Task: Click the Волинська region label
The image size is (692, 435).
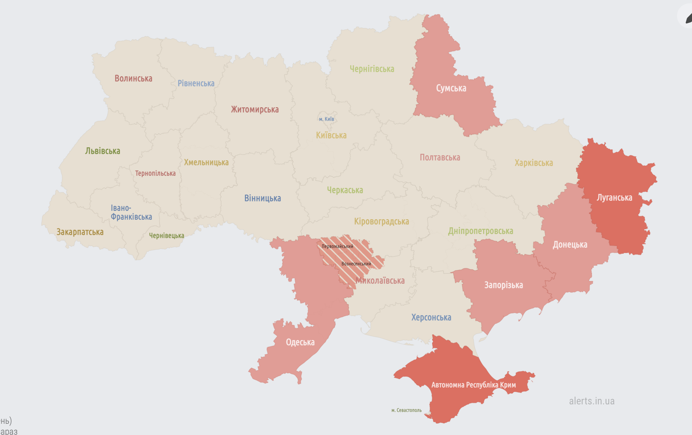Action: [x=133, y=79]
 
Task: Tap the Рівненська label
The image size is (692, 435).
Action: [x=196, y=83]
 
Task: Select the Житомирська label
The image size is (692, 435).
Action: [x=255, y=110]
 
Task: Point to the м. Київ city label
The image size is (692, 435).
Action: [x=326, y=119]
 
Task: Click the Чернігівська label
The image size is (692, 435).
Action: [x=372, y=69]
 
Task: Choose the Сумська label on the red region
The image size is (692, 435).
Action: [x=451, y=88]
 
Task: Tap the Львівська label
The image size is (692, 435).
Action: [x=103, y=151]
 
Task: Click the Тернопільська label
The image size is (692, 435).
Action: [x=155, y=174]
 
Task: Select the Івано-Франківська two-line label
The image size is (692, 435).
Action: [x=131, y=212]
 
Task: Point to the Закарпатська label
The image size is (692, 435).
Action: [x=80, y=232]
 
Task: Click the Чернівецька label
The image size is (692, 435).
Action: [x=166, y=236]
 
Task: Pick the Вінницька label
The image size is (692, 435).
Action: [x=262, y=198]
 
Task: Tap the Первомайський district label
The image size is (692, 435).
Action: [x=337, y=246]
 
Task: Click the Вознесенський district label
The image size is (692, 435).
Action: [x=356, y=264]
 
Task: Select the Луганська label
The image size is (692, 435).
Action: [x=614, y=198]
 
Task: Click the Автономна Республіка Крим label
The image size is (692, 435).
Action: [x=473, y=385]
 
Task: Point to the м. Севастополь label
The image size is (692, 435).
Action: [x=406, y=410]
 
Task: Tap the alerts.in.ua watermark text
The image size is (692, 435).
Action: [x=591, y=401]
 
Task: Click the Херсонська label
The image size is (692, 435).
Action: [x=431, y=318]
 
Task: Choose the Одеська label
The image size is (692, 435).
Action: [x=300, y=342]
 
